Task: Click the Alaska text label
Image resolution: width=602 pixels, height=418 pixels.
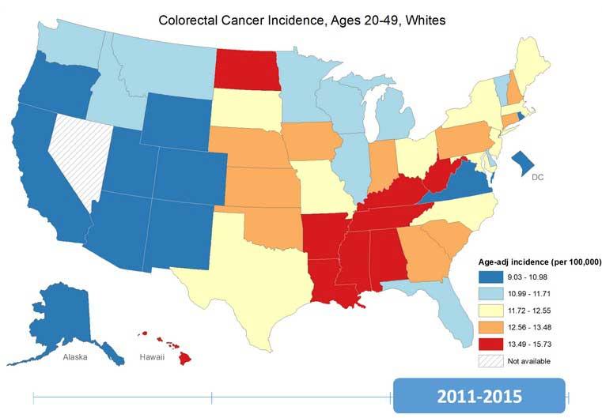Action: click(x=81, y=357)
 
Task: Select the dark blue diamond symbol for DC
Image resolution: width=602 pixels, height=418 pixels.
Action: click(x=524, y=164)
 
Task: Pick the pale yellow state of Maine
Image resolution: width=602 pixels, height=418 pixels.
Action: click(x=546, y=67)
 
